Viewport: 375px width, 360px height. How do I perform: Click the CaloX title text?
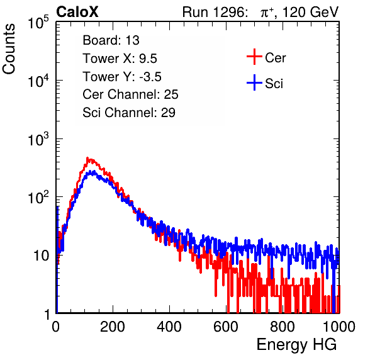tap(77, 12)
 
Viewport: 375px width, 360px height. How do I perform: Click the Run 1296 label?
tap(215, 12)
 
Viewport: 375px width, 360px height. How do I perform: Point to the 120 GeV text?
tap(311, 12)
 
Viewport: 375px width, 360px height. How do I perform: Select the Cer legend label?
tap(275, 58)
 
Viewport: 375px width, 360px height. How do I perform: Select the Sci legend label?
tap(274, 84)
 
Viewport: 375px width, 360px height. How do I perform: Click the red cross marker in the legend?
tap(254, 57)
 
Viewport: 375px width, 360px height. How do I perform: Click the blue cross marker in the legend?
tap(254, 82)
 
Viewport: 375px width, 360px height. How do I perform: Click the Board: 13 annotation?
tap(111, 40)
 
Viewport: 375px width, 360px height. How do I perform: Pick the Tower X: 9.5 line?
tap(120, 59)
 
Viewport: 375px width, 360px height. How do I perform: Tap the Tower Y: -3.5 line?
tap(122, 77)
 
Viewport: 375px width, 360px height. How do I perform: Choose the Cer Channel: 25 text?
tap(130, 94)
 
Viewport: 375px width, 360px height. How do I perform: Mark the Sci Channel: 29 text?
tap(129, 113)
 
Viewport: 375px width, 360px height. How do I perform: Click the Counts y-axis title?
tap(9, 49)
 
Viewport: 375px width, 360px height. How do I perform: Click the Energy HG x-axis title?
tap(296, 345)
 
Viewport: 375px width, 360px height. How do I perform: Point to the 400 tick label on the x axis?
tap(169, 327)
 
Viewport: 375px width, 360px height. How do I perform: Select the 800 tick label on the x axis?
tap(283, 327)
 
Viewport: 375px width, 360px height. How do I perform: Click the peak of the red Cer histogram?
tap(87, 158)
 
